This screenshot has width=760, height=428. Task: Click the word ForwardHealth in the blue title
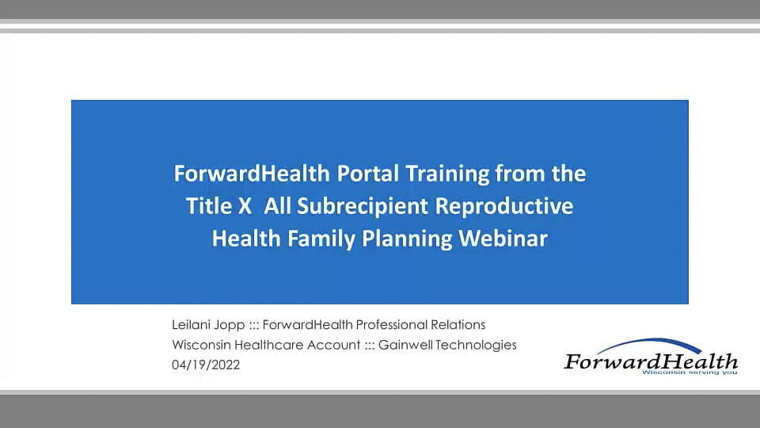(252, 174)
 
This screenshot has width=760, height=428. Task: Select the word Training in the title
(446, 174)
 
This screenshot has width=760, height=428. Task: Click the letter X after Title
(245, 206)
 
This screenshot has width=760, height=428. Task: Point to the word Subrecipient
(363, 207)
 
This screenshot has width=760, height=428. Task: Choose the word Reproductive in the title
(504, 206)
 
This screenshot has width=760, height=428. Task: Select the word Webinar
(503, 239)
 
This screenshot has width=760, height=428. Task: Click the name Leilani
(191, 324)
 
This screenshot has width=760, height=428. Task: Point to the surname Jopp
(230, 325)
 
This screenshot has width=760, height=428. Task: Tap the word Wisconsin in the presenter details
(201, 345)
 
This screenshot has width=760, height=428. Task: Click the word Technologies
(476, 345)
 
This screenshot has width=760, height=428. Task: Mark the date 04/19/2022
(206, 365)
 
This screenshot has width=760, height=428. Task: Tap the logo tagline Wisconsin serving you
(690, 373)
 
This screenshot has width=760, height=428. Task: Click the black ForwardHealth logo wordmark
(651, 361)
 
